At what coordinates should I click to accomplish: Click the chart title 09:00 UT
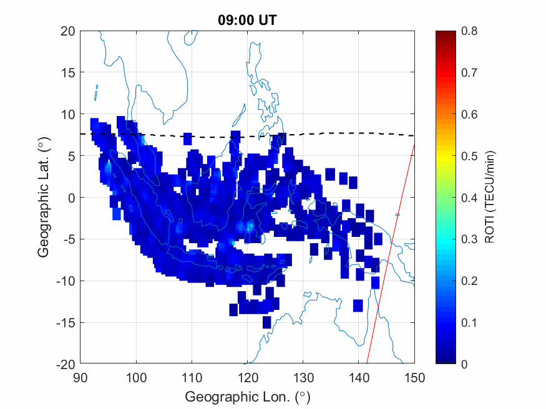pyautogui.click(x=247, y=20)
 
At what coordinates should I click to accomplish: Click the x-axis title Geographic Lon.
pyautogui.click(x=247, y=397)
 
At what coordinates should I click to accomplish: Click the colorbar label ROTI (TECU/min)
pyautogui.click(x=490, y=198)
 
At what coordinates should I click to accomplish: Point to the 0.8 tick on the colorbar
pyautogui.click(x=469, y=31)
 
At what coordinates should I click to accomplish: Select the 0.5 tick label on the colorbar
pyautogui.click(x=469, y=156)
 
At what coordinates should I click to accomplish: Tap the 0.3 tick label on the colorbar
pyautogui.click(x=469, y=239)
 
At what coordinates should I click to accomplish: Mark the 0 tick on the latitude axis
pyautogui.click(x=71, y=198)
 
